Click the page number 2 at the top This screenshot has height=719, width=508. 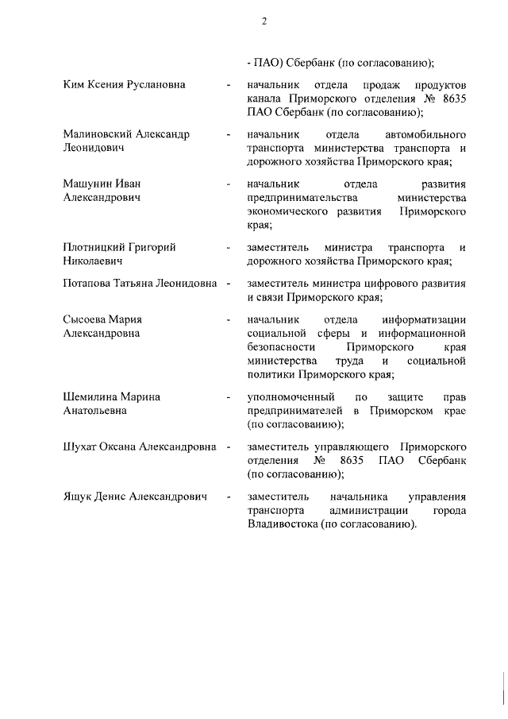pos(264,21)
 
